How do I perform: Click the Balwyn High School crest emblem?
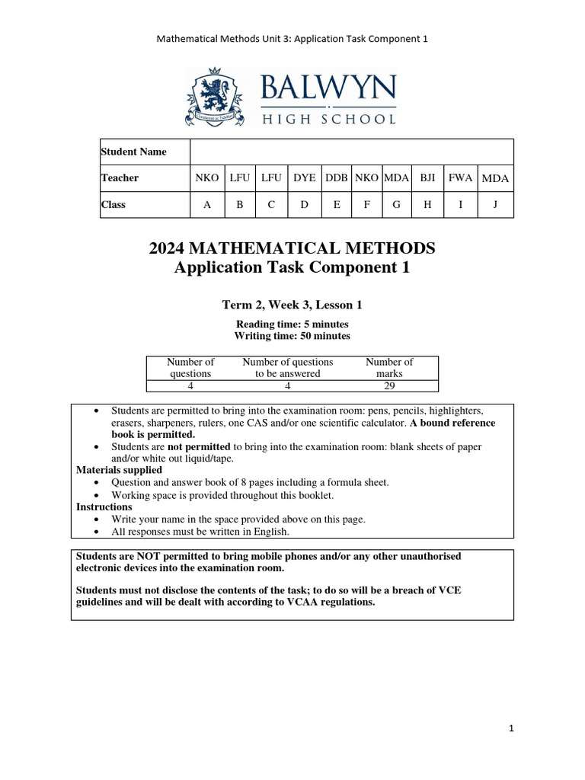[214, 97]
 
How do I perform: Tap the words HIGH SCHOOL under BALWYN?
[328, 119]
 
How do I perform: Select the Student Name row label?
[134, 152]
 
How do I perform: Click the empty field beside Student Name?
[351, 152]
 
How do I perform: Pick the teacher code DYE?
[305, 177]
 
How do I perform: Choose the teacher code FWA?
[460, 177]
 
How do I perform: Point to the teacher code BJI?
[428, 177]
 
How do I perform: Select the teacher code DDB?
[337, 177]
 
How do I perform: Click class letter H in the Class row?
[428, 204]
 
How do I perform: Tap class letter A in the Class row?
[206, 204]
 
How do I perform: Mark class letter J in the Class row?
[494, 204]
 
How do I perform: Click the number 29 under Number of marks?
[389, 385]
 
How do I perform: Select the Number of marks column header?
[389, 368]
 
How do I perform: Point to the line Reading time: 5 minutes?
[292, 324]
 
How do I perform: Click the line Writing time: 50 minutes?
[292, 336]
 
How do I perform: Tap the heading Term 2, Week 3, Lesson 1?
[292, 305]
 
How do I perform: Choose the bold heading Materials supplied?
[119, 470]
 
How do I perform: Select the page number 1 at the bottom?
[512, 729]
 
